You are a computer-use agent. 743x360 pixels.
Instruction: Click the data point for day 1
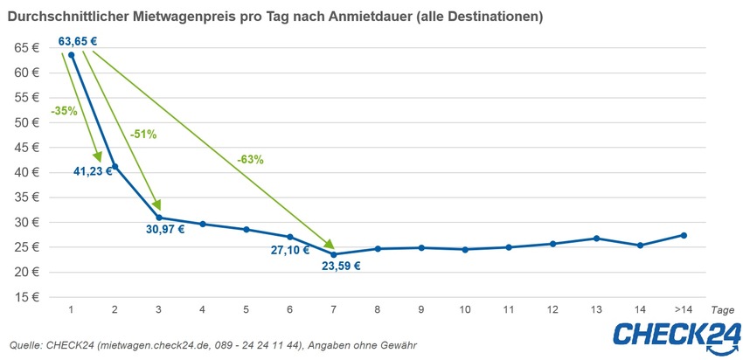click(x=71, y=54)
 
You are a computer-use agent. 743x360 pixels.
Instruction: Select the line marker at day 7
click(x=335, y=254)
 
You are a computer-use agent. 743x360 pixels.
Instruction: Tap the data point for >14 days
click(x=684, y=235)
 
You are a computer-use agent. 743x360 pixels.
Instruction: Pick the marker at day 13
click(x=596, y=239)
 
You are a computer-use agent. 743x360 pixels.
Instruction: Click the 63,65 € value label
click(x=76, y=40)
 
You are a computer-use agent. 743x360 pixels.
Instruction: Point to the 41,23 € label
click(x=93, y=171)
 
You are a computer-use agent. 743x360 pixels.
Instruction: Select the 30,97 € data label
click(x=165, y=230)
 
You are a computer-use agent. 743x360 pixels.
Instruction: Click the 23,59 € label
click(x=342, y=266)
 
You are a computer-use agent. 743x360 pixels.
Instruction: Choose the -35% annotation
click(x=63, y=111)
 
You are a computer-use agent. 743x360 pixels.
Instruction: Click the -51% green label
click(x=142, y=135)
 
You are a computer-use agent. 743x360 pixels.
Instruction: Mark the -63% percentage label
click(x=250, y=160)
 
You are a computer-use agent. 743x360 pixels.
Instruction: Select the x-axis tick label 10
click(x=465, y=310)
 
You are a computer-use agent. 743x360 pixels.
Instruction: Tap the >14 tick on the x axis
click(x=684, y=310)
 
